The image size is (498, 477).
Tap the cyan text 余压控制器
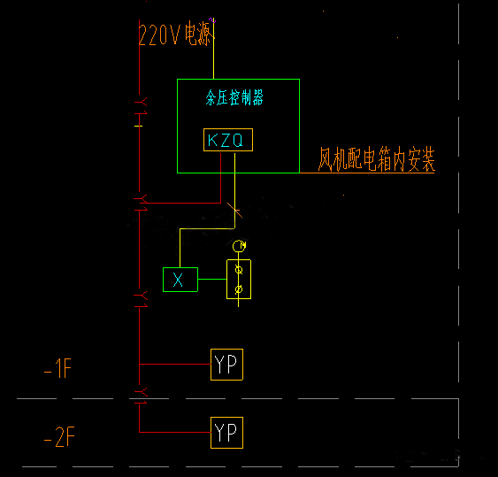click(x=234, y=98)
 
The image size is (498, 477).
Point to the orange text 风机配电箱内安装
click(x=377, y=160)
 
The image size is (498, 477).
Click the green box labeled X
click(x=180, y=280)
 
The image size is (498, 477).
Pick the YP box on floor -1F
click(x=226, y=365)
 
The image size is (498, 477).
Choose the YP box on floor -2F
click(x=226, y=433)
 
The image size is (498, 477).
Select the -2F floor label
click(x=58, y=438)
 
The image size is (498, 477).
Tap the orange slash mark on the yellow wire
click(x=234, y=210)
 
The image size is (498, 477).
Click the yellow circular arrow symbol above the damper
click(x=237, y=245)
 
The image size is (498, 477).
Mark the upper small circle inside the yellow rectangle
click(x=238, y=270)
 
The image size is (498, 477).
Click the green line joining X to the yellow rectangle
click(x=211, y=280)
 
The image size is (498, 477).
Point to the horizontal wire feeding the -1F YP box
click(x=174, y=364)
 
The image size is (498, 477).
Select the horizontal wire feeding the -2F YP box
click(x=174, y=433)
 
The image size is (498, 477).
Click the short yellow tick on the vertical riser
click(x=139, y=126)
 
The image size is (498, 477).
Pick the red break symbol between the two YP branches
click(x=140, y=390)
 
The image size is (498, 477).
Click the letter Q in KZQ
click(x=240, y=140)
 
